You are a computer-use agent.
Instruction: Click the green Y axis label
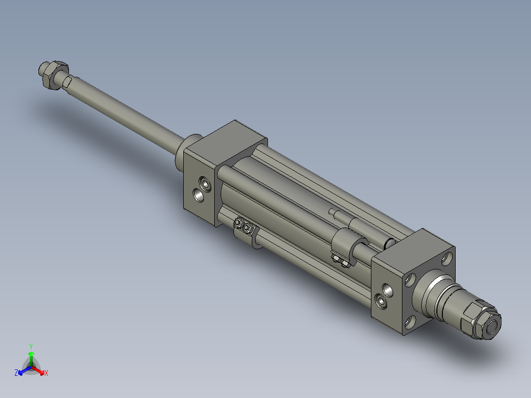[x=31, y=346]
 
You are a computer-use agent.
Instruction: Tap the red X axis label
[x=46, y=373]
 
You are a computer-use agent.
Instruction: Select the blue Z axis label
[x=16, y=373]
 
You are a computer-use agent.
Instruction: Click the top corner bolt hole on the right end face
[x=446, y=258]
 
